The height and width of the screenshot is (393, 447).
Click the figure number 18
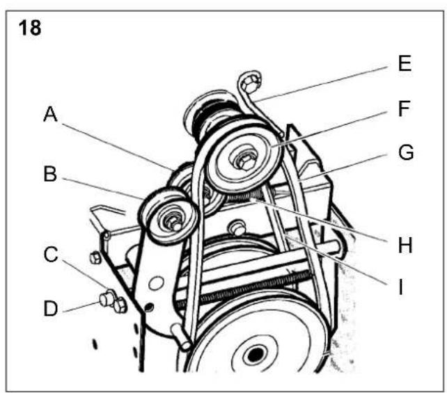pyautogui.click(x=30, y=28)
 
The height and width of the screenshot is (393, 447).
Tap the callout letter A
pyautogui.click(x=50, y=114)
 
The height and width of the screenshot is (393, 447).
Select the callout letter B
pyautogui.click(x=50, y=174)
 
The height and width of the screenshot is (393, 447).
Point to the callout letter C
pyautogui.click(x=51, y=255)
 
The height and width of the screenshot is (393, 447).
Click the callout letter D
pyautogui.click(x=51, y=308)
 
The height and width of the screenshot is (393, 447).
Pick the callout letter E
pyautogui.click(x=405, y=63)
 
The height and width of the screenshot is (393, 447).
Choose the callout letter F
pyautogui.click(x=404, y=109)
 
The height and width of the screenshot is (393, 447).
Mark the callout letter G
pyautogui.click(x=406, y=152)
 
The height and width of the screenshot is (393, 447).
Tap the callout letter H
pyautogui.click(x=405, y=245)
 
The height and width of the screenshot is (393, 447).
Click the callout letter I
pyautogui.click(x=401, y=287)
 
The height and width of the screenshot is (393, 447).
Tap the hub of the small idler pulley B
pyautogui.click(x=173, y=223)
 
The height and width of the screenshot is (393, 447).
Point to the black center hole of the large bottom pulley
pyautogui.click(x=256, y=354)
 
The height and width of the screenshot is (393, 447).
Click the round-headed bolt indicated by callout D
pyautogui.click(x=107, y=299)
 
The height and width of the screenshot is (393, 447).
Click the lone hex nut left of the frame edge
pyautogui.click(x=95, y=258)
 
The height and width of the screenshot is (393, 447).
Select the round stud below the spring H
pyautogui.click(x=237, y=228)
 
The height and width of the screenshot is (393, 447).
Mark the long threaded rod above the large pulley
pyautogui.click(x=245, y=288)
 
